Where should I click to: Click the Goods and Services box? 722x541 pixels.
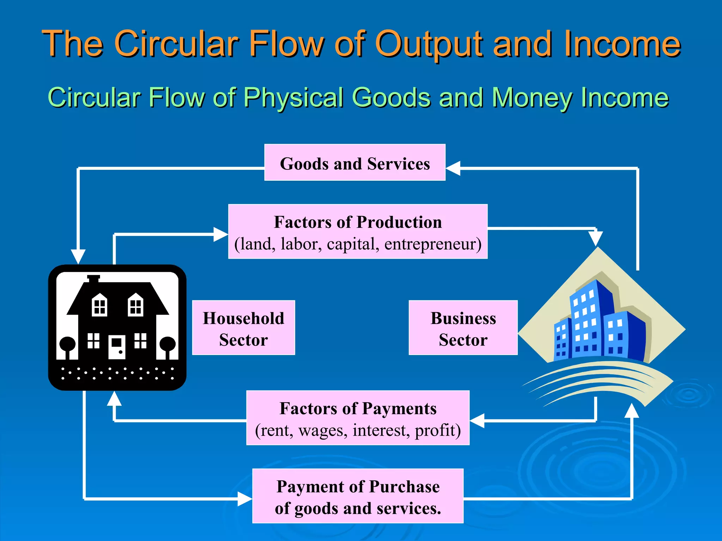355,163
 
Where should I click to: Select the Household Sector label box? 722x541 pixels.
243,328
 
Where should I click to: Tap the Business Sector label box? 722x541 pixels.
463,328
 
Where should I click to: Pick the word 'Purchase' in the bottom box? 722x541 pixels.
404,487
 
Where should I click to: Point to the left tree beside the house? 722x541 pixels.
67,346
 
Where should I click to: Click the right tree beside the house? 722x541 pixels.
168,346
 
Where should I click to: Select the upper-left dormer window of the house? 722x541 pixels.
99,305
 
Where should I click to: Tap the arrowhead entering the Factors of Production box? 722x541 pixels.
221,234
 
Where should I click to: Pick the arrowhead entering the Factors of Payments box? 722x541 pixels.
477,421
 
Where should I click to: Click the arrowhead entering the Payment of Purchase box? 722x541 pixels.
245,499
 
